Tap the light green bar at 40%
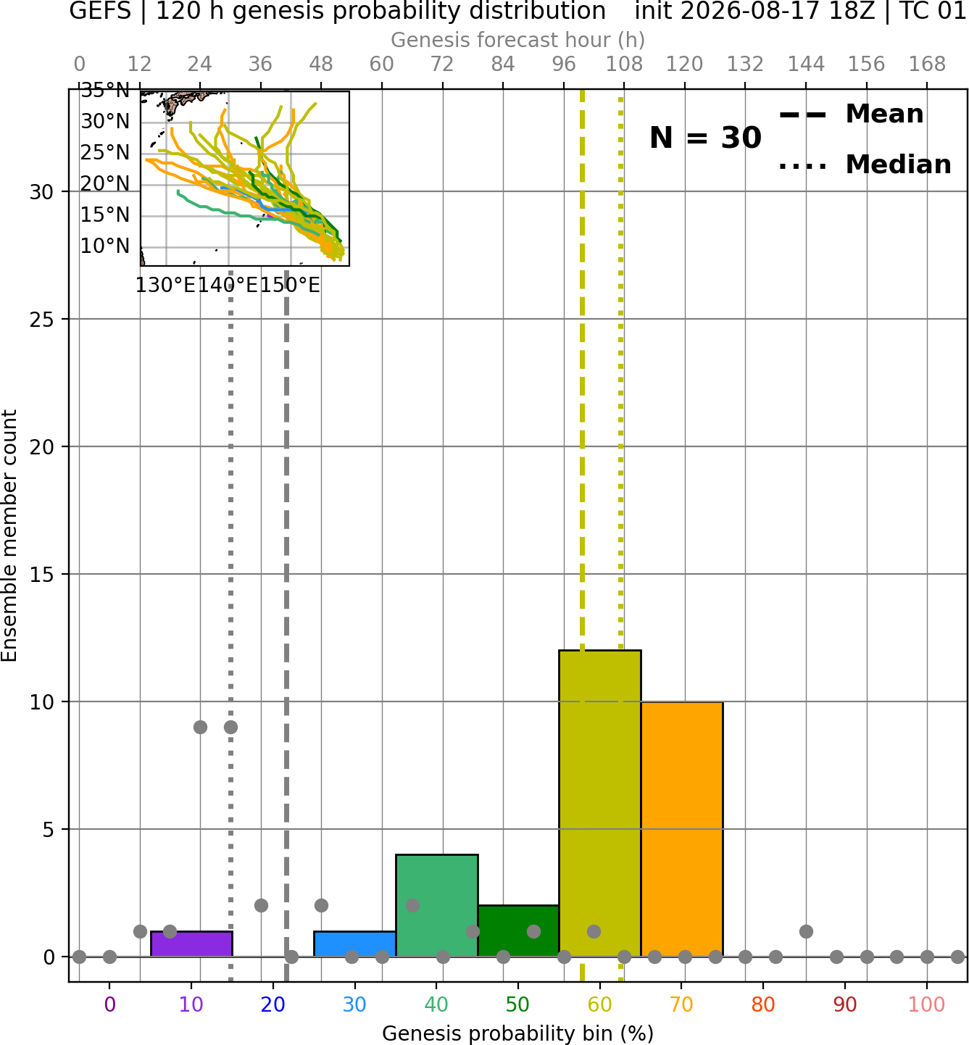(x=437, y=905)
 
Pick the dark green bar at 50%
(x=518, y=930)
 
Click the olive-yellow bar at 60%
(x=600, y=803)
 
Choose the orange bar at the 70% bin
(x=682, y=829)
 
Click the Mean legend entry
(x=851, y=115)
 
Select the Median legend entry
(x=865, y=165)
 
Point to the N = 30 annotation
(x=705, y=138)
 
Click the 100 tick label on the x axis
(x=927, y=1004)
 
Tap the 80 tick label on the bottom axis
(x=763, y=1004)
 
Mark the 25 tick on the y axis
(x=42, y=320)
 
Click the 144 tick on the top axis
(x=806, y=64)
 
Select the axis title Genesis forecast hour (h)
(x=518, y=40)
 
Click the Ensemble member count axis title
(x=9, y=536)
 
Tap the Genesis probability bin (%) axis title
(x=518, y=1033)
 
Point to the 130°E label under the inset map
(x=166, y=286)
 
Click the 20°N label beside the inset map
(x=105, y=183)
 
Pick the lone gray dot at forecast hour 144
(x=806, y=931)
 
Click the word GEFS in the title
(x=100, y=11)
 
